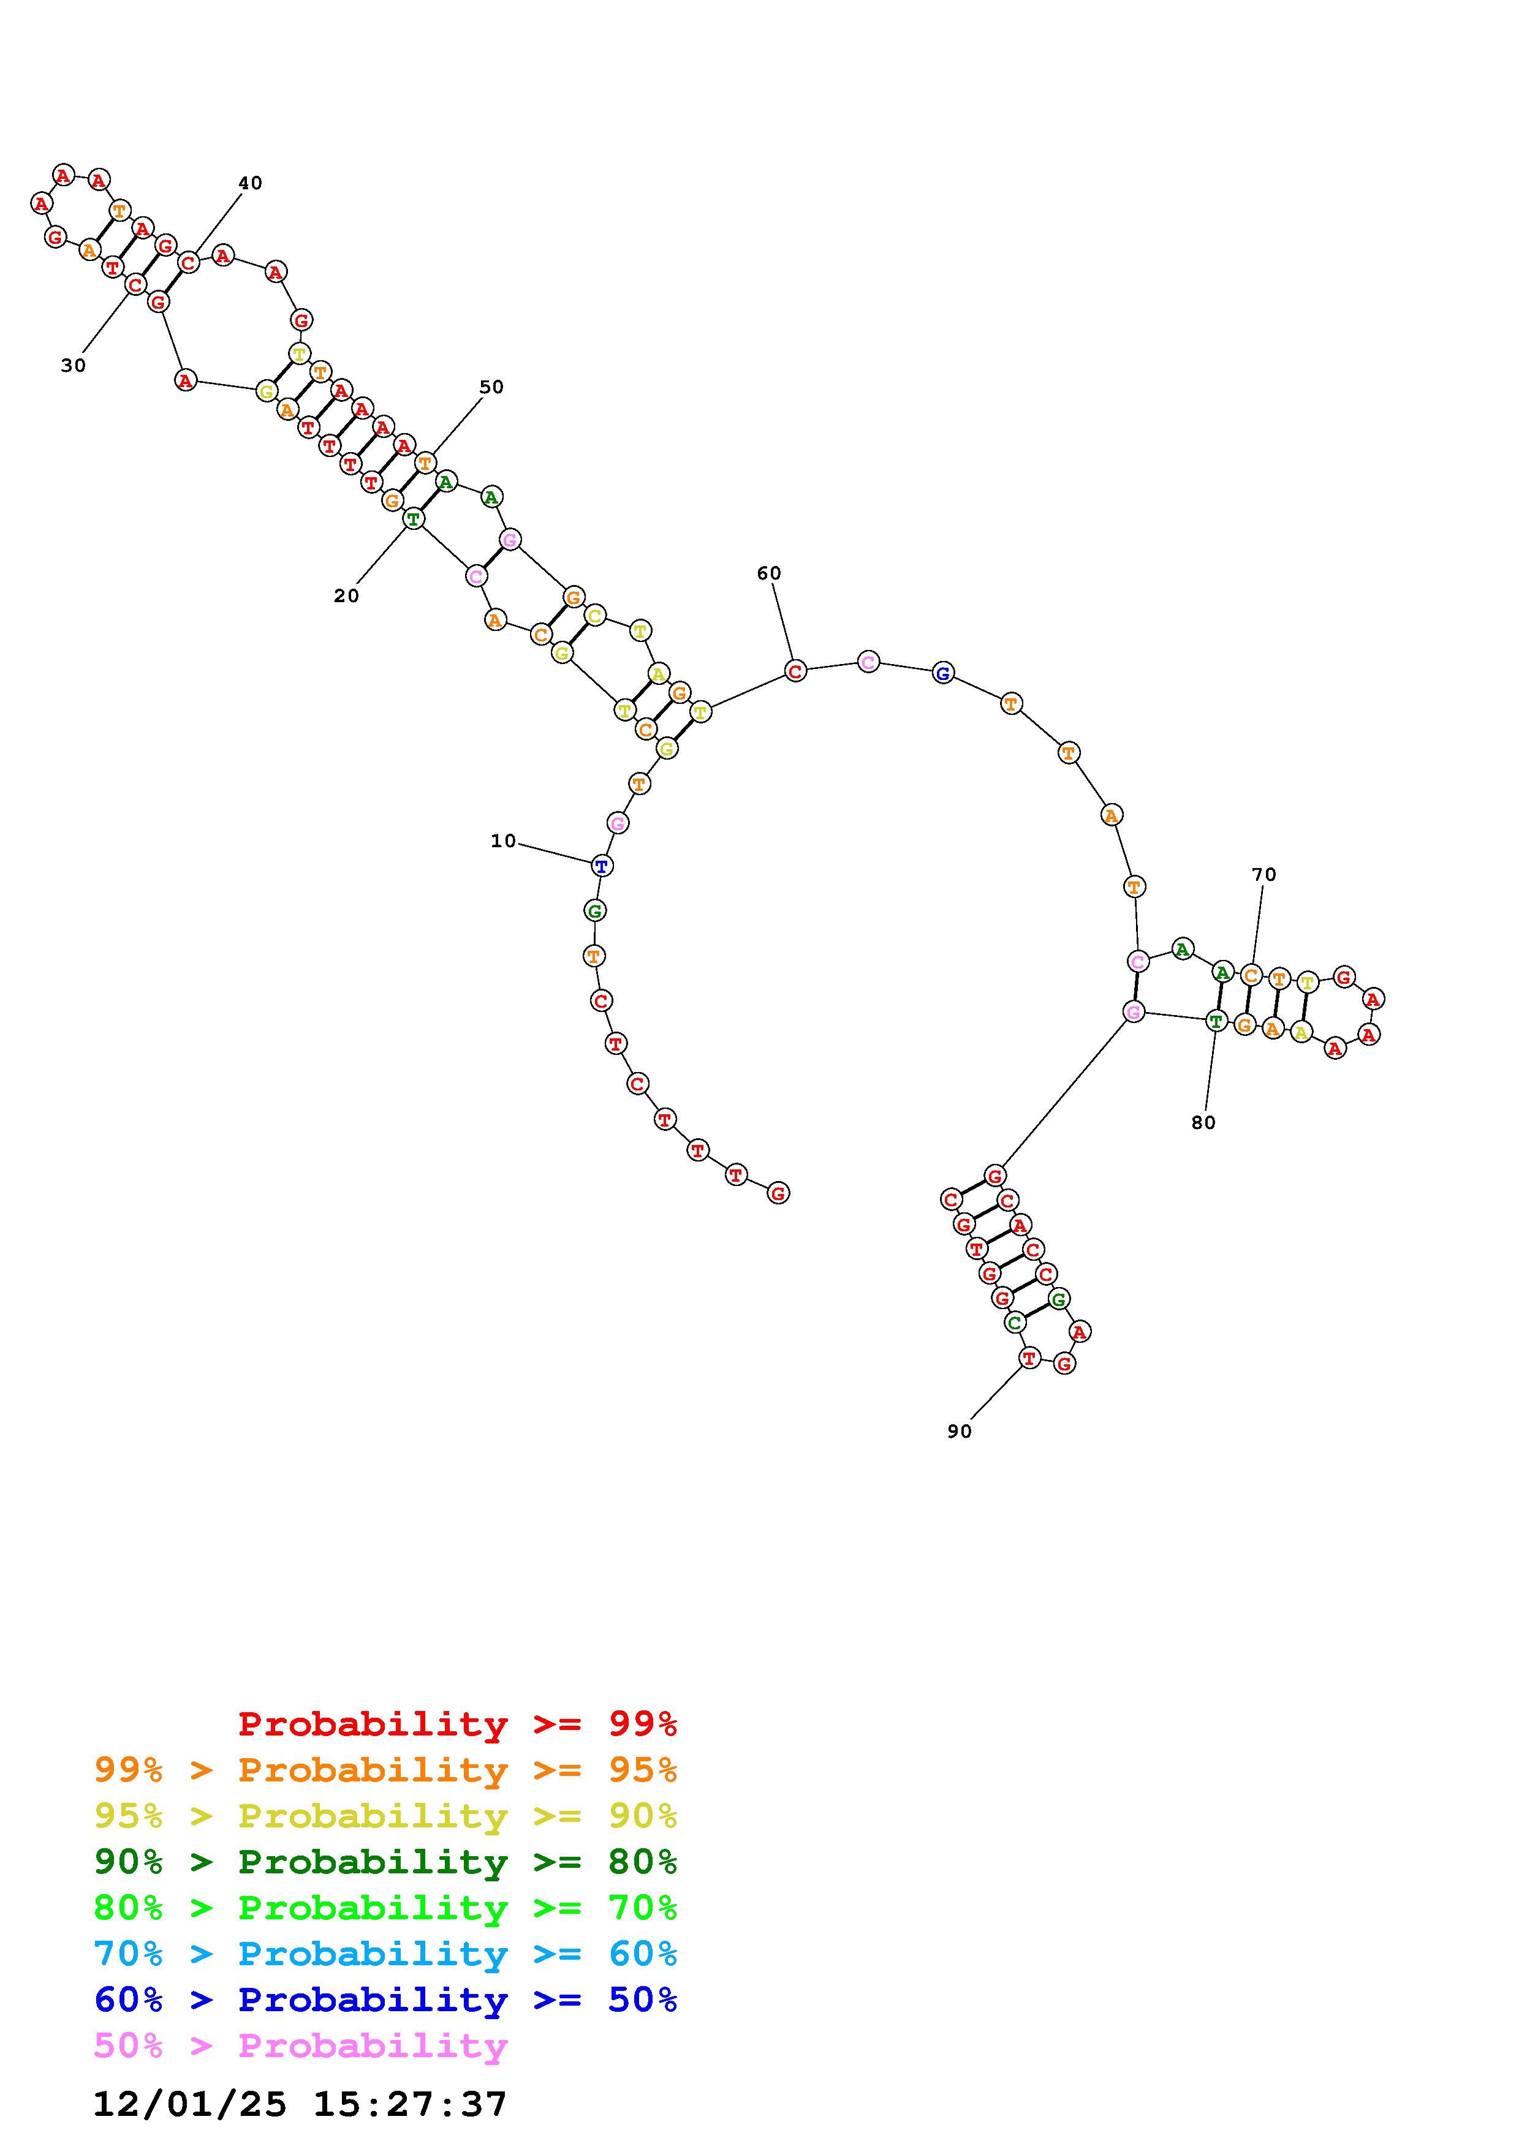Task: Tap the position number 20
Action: [346, 596]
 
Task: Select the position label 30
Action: [73, 366]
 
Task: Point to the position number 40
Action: [250, 183]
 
